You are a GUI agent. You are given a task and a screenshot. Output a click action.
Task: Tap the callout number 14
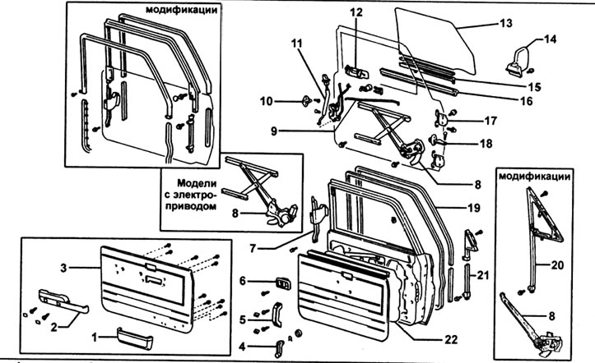(550, 38)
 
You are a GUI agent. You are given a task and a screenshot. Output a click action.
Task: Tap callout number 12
(355, 12)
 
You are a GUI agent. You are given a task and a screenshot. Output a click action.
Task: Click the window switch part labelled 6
(282, 283)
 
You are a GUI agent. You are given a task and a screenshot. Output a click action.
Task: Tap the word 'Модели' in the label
(192, 184)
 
